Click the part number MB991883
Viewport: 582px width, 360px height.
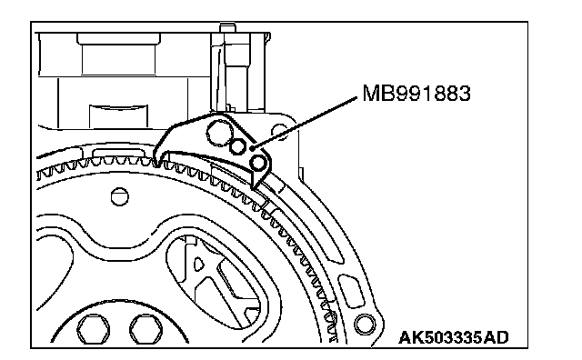click(416, 93)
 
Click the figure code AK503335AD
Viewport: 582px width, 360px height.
click(454, 338)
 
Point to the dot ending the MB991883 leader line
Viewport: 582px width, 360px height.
click(253, 148)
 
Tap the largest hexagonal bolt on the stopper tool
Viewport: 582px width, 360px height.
click(218, 133)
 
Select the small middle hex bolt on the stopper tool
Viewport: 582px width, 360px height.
click(238, 146)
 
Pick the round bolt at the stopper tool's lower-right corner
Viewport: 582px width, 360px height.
click(257, 162)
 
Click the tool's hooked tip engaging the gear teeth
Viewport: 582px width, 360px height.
click(157, 159)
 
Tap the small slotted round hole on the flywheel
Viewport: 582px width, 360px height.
click(120, 196)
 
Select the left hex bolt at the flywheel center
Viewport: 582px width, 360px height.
click(94, 329)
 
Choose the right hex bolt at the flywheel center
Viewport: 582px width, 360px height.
click(146, 329)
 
